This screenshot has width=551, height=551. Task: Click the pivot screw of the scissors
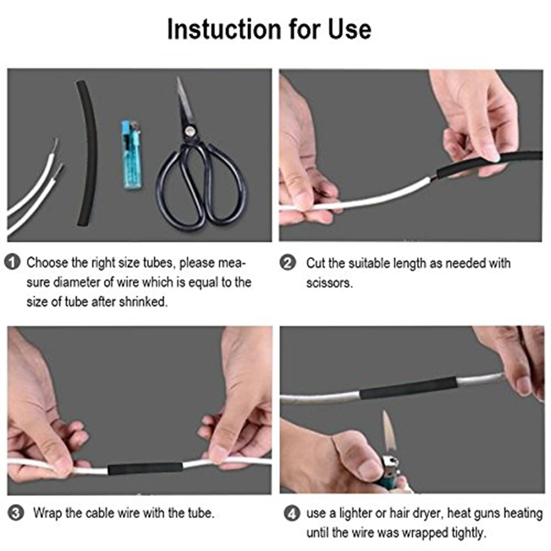pos(190,130)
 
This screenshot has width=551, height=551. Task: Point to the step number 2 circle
pos(288,263)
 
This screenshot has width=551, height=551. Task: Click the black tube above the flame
pos(408,387)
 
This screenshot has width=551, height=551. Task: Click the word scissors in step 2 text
pos(329,283)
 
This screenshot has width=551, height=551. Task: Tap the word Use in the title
pos(349,29)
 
